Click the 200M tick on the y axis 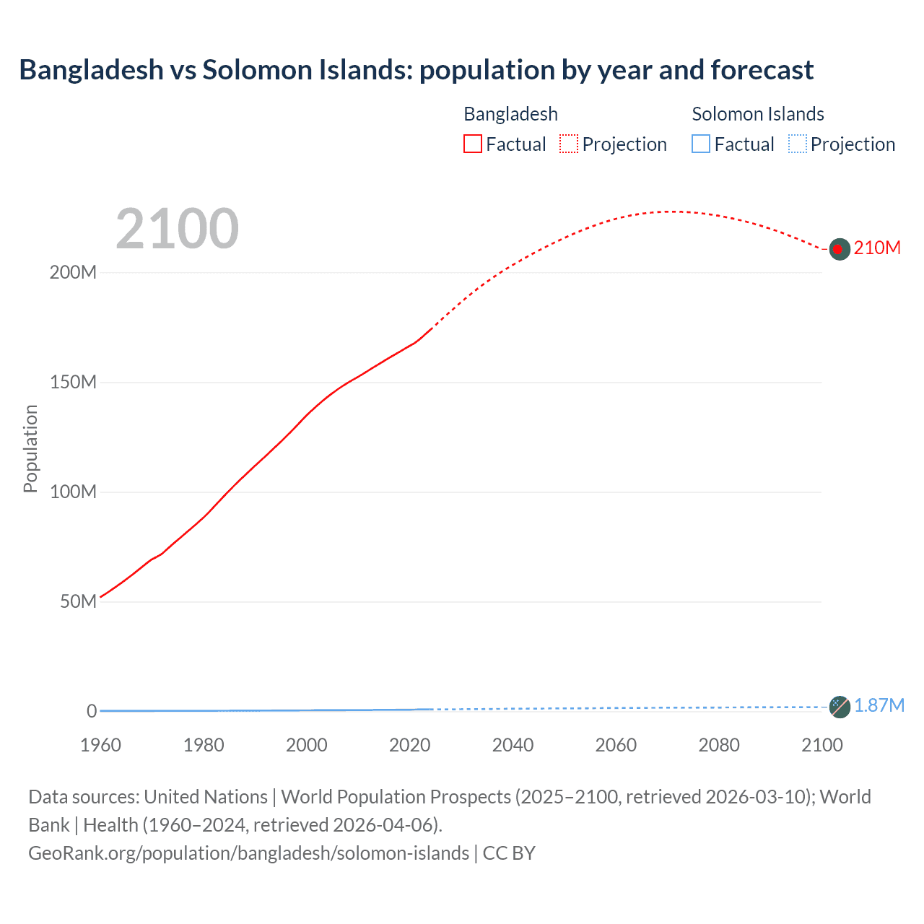point(73,273)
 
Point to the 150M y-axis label point(73,383)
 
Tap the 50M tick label point(78,601)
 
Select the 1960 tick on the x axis point(100,745)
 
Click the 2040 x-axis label point(513,745)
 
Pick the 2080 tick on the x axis point(719,745)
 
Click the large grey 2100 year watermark point(177,229)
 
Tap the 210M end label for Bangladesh point(877,248)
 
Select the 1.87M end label point(879,705)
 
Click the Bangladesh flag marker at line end point(839,249)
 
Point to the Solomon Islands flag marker point(839,707)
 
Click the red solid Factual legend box point(473,144)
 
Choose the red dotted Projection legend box point(569,144)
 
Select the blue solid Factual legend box point(701,144)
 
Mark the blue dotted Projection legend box point(797,144)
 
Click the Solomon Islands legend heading point(757,114)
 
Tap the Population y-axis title point(30,448)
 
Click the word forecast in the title point(762,70)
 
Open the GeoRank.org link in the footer point(248,853)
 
